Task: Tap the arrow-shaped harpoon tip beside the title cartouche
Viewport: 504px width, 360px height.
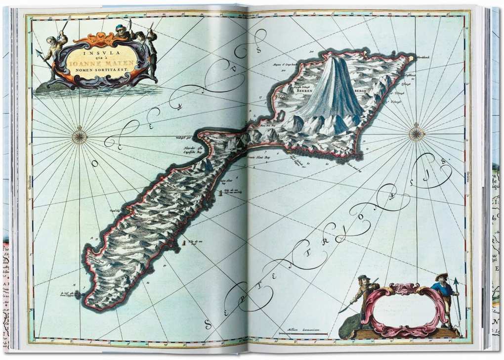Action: pos(39,52)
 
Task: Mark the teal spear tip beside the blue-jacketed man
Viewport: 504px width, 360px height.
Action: pos(456,283)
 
